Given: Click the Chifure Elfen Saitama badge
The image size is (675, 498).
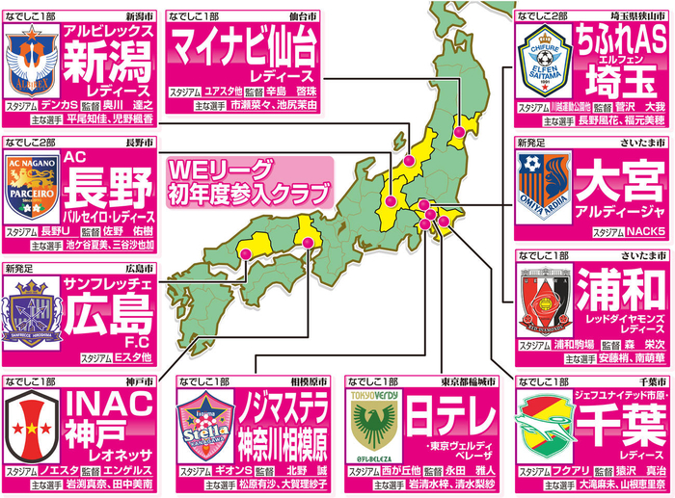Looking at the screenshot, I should click(543, 61).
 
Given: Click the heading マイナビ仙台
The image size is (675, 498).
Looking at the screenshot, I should click(246, 45).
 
